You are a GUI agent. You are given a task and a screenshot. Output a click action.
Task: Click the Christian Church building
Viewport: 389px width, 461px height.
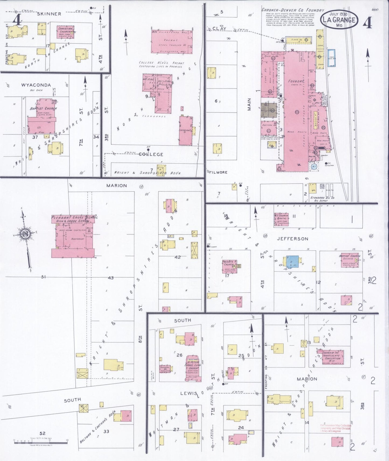pyautogui.click(x=65, y=33)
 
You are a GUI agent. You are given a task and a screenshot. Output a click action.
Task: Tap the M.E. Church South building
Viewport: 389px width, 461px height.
pyautogui.click(x=281, y=219)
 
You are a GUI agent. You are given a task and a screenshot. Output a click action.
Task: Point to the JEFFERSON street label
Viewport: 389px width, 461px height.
pyautogui.click(x=293, y=239)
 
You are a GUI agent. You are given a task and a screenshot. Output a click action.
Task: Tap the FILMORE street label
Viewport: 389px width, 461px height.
pyautogui.click(x=218, y=172)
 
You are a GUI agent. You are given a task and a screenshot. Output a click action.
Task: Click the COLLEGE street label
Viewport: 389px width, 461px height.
pyautogui.click(x=151, y=154)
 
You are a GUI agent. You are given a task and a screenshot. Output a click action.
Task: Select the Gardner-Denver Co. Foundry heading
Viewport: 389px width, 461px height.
pyautogui.click(x=293, y=10)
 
